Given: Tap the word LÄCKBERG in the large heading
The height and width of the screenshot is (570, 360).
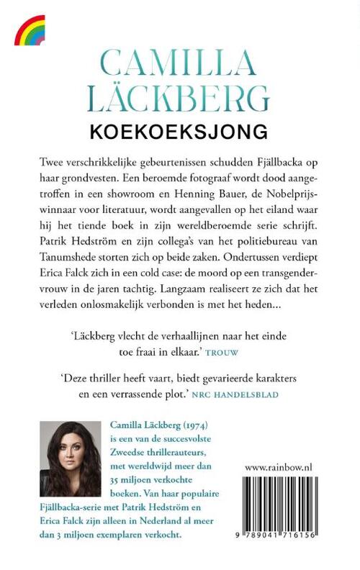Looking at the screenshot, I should (x=179, y=99).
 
